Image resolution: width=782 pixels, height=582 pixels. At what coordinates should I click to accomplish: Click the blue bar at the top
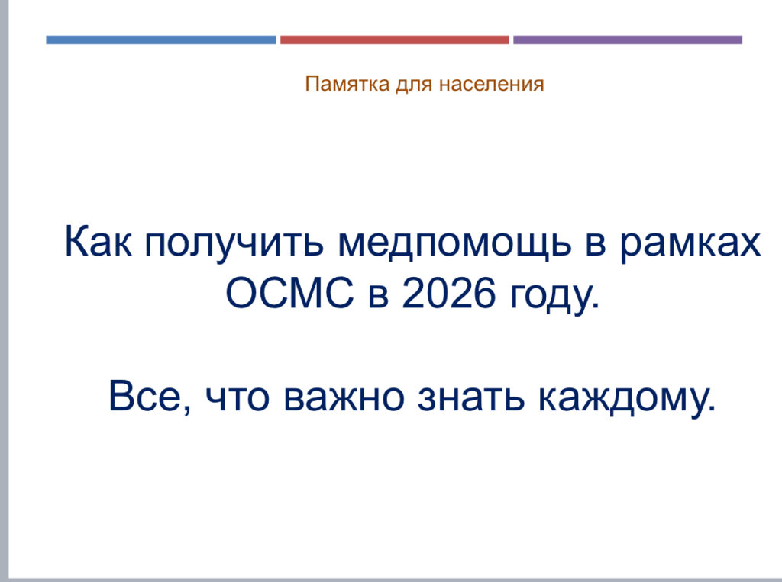click(x=160, y=40)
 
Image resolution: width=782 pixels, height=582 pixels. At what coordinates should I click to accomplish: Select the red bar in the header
click(x=395, y=40)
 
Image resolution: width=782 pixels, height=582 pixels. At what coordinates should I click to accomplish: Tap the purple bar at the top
click(x=628, y=40)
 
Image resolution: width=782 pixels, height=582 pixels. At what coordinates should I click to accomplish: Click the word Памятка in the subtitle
click(x=347, y=84)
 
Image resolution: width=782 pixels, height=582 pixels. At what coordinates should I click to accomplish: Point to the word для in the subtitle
click(x=414, y=85)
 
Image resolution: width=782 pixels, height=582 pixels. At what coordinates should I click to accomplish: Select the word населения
click(x=491, y=84)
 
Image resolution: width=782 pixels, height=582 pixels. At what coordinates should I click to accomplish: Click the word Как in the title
click(x=99, y=242)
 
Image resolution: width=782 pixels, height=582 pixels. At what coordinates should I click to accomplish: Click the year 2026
click(x=449, y=293)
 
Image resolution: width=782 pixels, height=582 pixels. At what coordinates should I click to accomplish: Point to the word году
click(x=554, y=297)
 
